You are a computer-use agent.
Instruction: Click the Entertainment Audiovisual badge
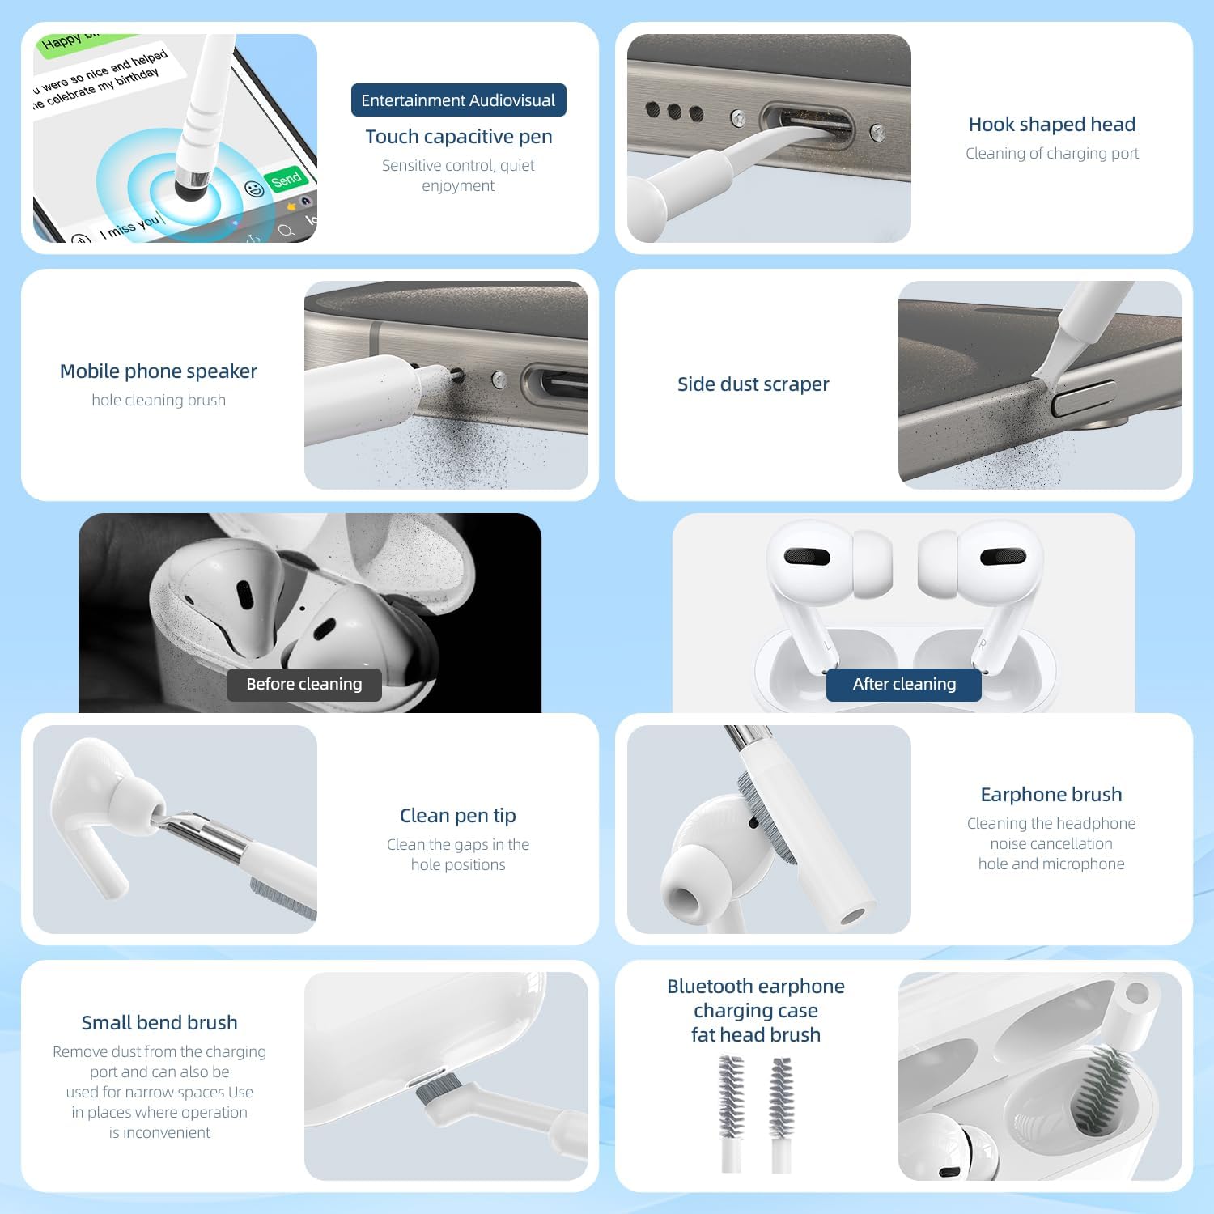(x=458, y=100)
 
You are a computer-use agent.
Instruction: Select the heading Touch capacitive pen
(x=459, y=137)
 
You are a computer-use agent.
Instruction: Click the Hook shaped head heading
(x=1052, y=125)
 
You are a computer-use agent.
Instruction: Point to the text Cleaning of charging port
(x=1052, y=154)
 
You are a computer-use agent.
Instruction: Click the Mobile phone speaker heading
(x=159, y=371)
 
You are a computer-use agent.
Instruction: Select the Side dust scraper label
(x=753, y=384)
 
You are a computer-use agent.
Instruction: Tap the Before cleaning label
(x=304, y=685)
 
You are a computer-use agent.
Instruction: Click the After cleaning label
(x=904, y=685)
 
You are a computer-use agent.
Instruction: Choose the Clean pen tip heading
(x=458, y=816)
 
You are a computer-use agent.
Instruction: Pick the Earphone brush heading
(x=1051, y=795)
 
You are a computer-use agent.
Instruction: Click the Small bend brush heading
(x=159, y=1023)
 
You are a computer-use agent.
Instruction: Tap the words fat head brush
(x=756, y=1035)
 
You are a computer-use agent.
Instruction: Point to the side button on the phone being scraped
(x=1083, y=398)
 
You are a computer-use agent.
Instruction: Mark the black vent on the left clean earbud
(x=807, y=557)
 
